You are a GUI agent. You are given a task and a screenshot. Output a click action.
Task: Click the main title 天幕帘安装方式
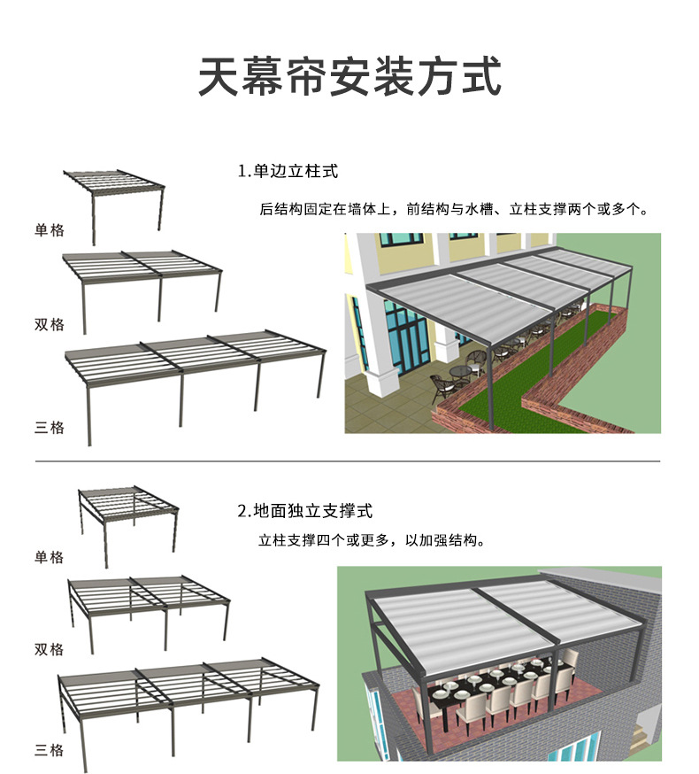tap(349, 78)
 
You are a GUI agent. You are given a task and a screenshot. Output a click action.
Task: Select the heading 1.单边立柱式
tap(288, 171)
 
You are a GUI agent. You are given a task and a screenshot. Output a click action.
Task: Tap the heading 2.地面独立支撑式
tap(304, 511)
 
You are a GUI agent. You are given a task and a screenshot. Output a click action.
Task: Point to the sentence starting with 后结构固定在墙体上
tap(455, 211)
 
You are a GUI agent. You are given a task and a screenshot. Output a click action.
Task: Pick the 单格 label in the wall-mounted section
tap(50, 230)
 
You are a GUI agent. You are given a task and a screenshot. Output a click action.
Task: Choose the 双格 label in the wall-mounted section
tap(50, 324)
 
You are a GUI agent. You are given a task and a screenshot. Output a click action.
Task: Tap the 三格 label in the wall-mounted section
tap(50, 427)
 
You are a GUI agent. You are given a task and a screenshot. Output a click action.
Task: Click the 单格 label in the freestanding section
tap(50, 557)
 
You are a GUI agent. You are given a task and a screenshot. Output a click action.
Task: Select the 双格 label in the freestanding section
tap(50, 649)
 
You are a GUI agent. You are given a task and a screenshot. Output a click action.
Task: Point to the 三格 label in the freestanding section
tap(50, 750)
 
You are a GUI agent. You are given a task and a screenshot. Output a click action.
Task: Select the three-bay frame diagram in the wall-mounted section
tap(190, 376)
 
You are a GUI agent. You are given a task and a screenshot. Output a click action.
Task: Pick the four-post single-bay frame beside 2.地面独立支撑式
tap(128, 522)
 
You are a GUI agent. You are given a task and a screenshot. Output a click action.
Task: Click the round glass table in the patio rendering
tap(461, 371)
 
